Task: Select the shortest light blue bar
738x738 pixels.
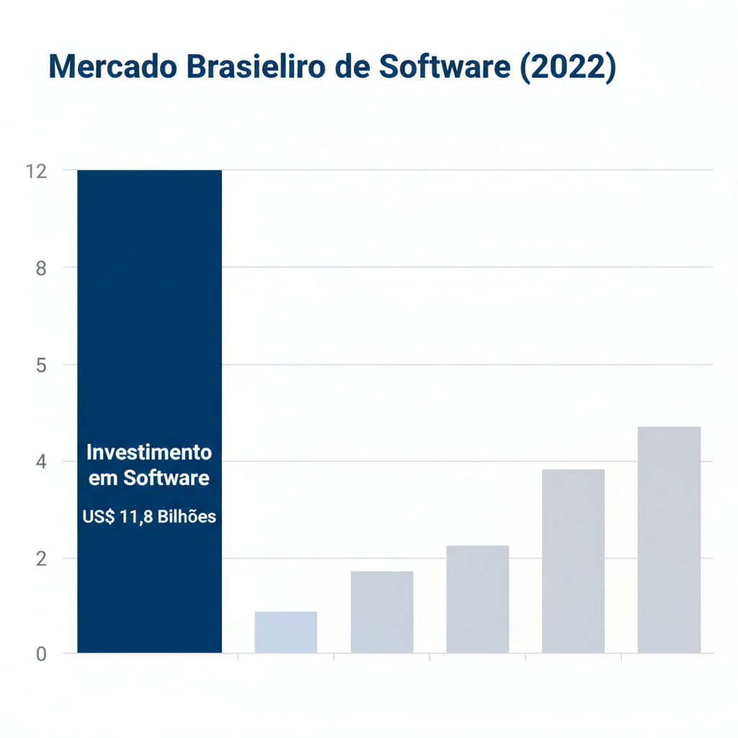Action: tap(285, 633)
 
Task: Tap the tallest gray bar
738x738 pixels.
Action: tap(669, 541)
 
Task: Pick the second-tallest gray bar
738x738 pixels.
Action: tap(573, 562)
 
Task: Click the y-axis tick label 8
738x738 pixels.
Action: tap(42, 268)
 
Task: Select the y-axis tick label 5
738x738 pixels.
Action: tap(42, 365)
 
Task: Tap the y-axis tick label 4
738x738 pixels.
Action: tap(42, 461)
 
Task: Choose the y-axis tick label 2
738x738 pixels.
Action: tap(42, 559)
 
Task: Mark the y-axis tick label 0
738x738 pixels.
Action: tap(42, 654)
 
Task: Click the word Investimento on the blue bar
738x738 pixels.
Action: tap(149, 453)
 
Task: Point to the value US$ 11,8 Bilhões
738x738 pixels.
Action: tap(149, 517)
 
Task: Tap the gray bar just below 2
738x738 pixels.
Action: tap(381, 613)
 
